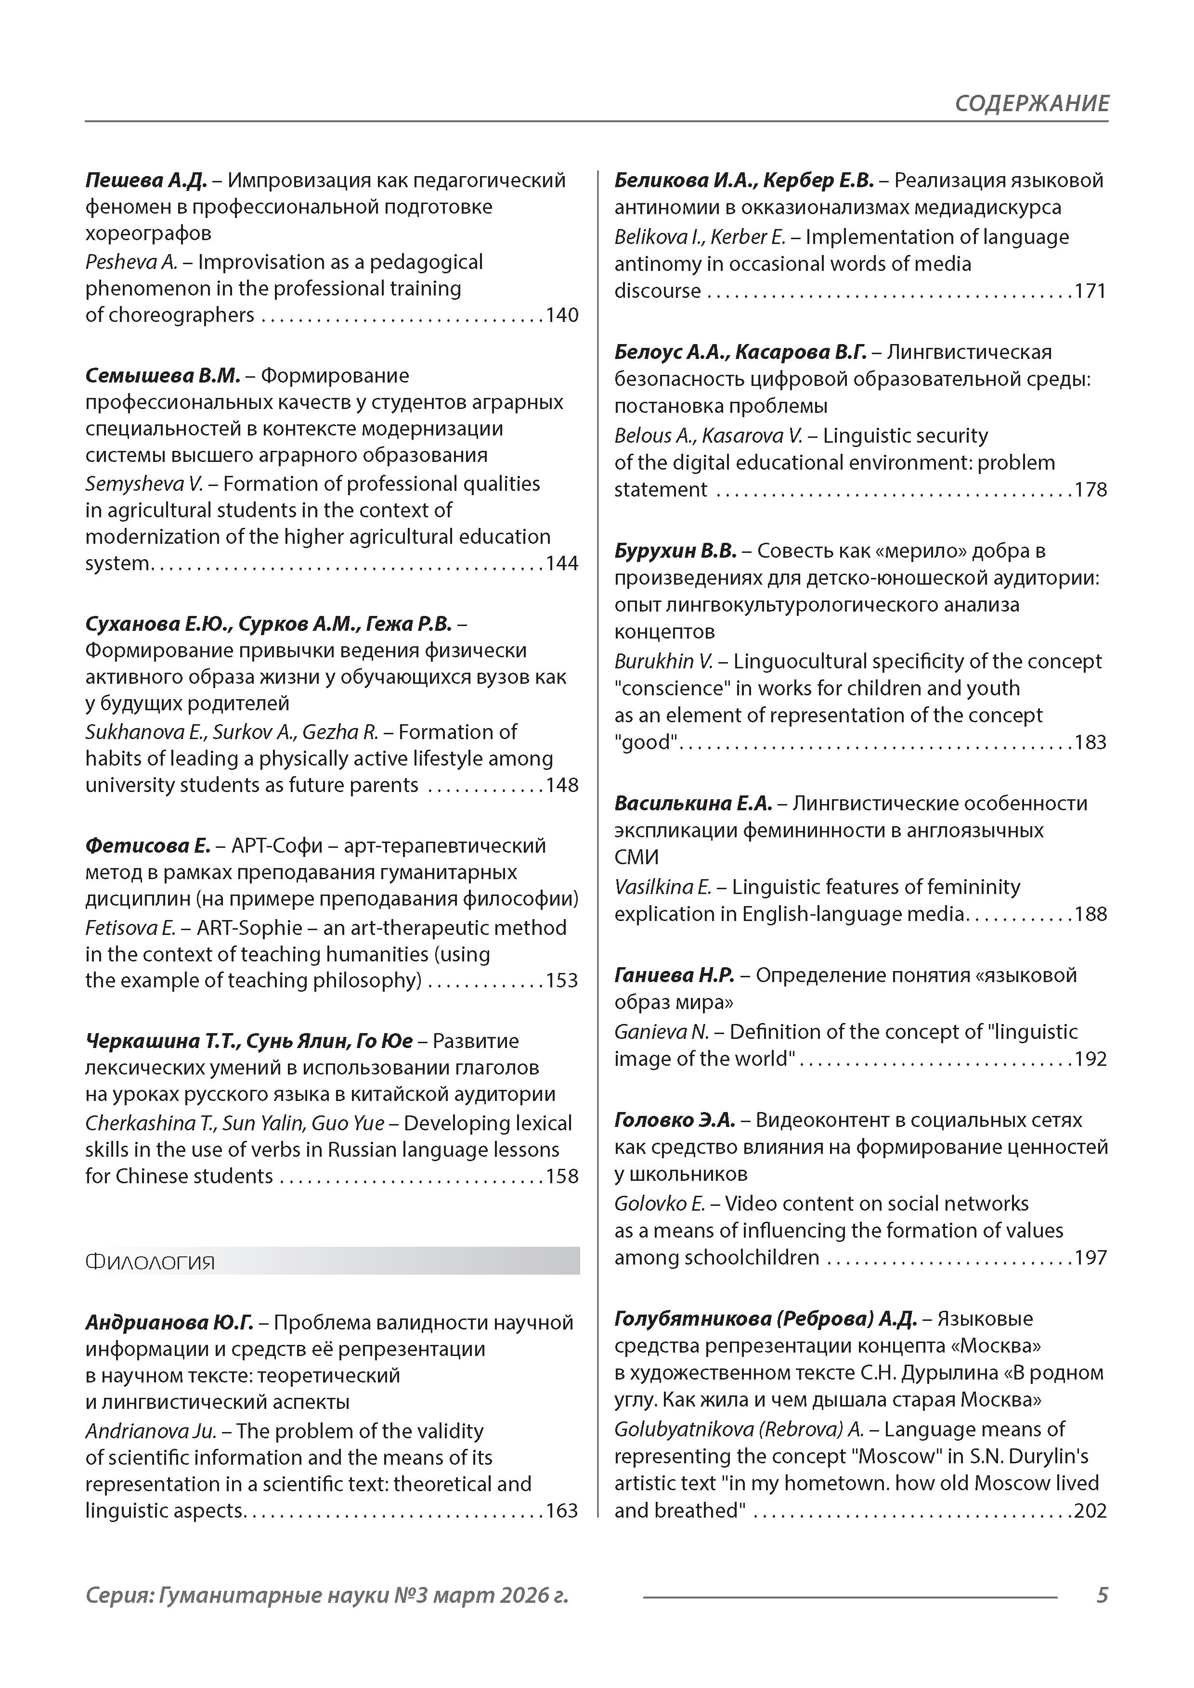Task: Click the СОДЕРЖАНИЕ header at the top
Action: [1031, 103]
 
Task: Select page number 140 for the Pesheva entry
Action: [562, 315]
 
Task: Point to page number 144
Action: [562, 564]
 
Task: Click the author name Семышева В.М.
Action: [163, 376]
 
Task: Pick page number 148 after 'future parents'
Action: [562, 785]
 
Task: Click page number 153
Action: [562, 981]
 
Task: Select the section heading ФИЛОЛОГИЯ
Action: [150, 1262]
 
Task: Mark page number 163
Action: [562, 1511]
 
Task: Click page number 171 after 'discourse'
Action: [1090, 291]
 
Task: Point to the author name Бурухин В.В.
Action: [675, 550]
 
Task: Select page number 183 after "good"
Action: [1090, 742]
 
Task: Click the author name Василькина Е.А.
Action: [693, 804]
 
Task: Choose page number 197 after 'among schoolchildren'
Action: [1090, 1258]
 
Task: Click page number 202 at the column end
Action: [1090, 1511]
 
